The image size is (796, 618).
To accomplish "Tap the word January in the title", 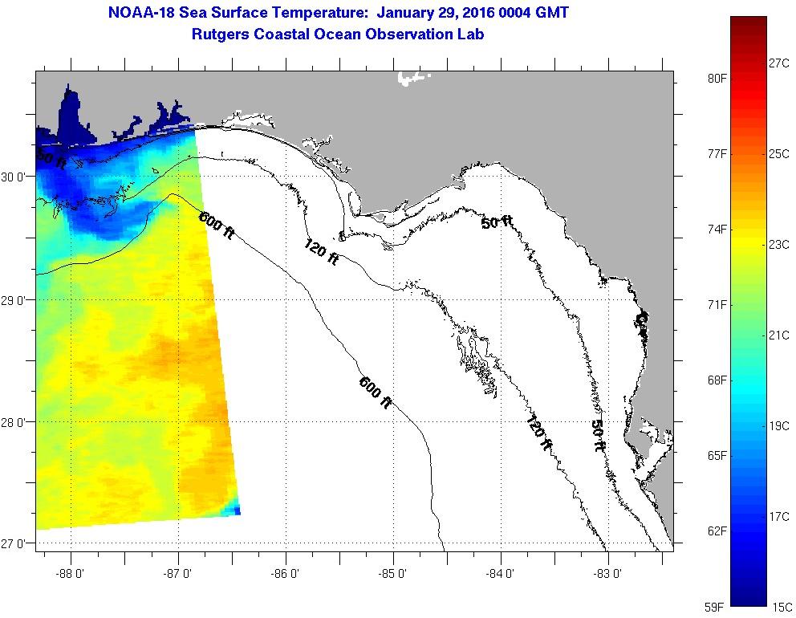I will pyautogui.click(x=407, y=14).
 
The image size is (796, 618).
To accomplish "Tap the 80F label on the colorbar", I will pyautogui.click(x=717, y=79).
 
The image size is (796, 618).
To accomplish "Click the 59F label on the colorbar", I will pyautogui.click(x=717, y=607).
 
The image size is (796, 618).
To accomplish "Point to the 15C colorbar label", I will pyautogui.click(x=780, y=607).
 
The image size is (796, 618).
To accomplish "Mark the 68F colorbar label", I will pyautogui.click(x=717, y=380).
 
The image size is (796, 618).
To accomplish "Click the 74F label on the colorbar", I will pyautogui.click(x=717, y=230).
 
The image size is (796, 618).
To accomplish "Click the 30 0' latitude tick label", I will pyautogui.click(x=14, y=177).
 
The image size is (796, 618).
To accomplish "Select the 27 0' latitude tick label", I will pyautogui.click(x=14, y=544).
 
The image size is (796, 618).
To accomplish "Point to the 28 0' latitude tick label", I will pyautogui.click(x=14, y=422).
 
